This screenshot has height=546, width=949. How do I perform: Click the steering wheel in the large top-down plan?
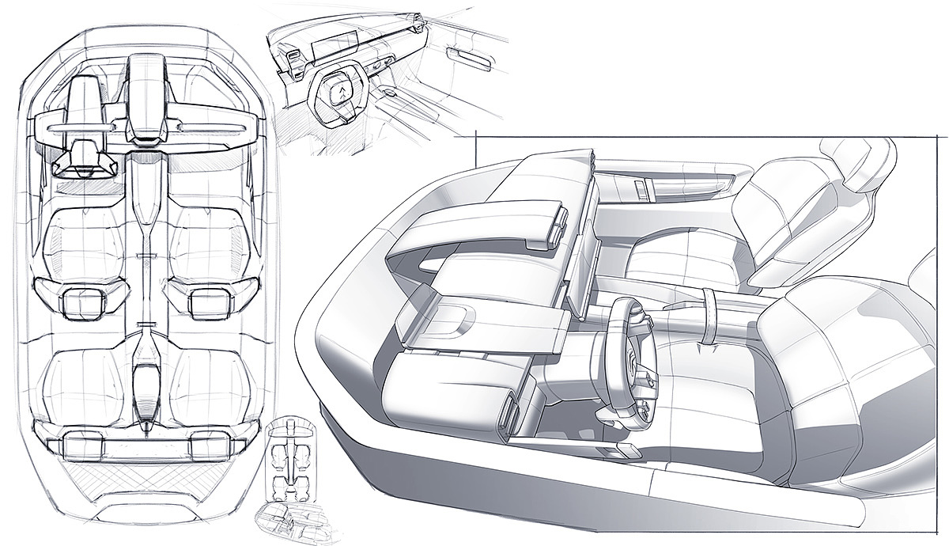pyautogui.click(x=81, y=155)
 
